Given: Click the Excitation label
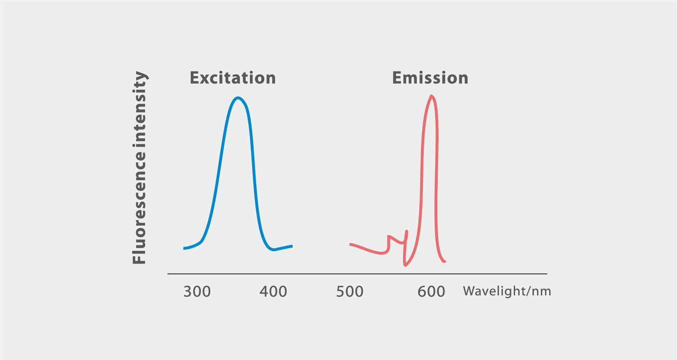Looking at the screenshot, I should click(x=233, y=78).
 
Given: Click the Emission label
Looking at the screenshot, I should click(x=430, y=78).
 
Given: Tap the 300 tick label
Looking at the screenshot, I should click(x=197, y=291).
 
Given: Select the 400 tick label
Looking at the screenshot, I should click(x=273, y=291).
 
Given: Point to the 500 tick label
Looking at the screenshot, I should click(x=350, y=291).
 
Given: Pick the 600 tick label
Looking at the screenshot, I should click(x=431, y=291).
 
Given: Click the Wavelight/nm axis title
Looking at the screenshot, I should click(x=507, y=291).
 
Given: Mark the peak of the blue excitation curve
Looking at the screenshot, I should click(x=238, y=98).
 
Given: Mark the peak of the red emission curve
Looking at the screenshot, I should click(x=431, y=96).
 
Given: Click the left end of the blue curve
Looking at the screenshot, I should click(x=184, y=248).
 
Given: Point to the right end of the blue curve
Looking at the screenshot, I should click(x=292, y=246).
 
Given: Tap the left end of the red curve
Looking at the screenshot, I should click(x=351, y=244).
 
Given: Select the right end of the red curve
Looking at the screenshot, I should click(x=445, y=261).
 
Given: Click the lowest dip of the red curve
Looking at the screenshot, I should click(x=405, y=265).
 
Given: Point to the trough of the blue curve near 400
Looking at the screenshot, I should click(x=274, y=250).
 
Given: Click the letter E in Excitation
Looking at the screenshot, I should click(x=194, y=78).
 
